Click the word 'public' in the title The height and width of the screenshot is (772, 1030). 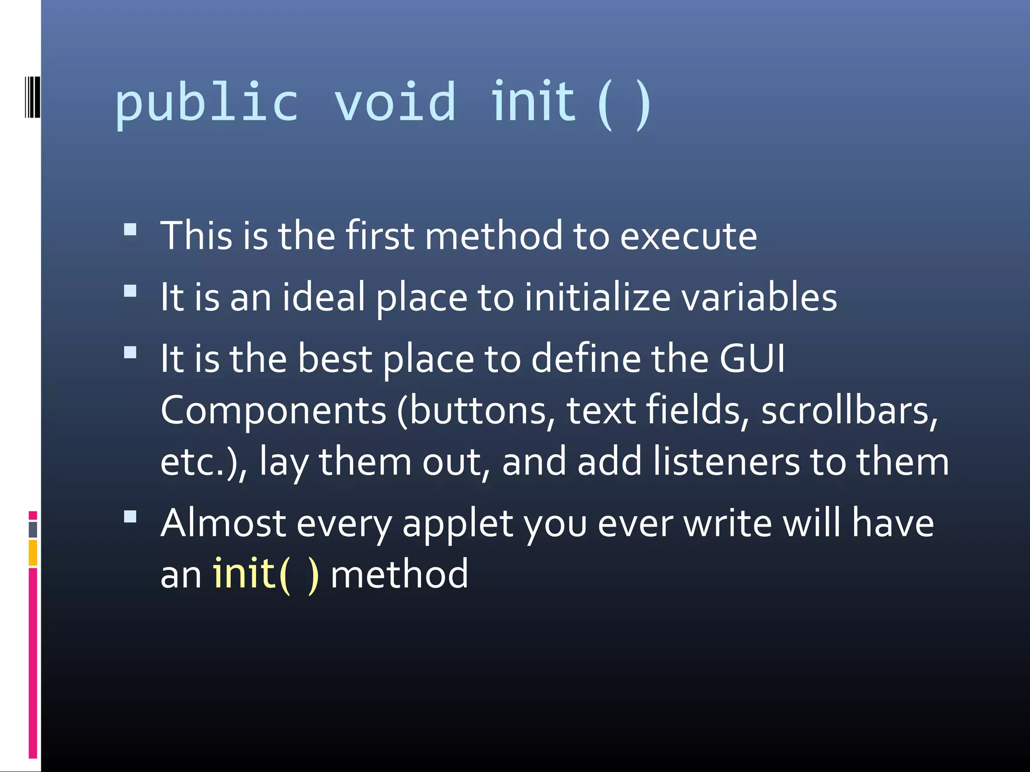pyautogui.click(x=207, y=104)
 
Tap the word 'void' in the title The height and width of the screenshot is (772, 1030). pyautogui.click(x=395, y=104)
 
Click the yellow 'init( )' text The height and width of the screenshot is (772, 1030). pyautogui.click(x=266, y=574)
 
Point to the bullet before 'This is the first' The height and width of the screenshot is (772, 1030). pyautogui.click(x=130, y=230)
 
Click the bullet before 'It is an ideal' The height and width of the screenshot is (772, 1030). pyautogui.click(x=130, y=292)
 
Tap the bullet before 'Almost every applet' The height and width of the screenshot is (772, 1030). pyautogui.click(x=130, y=517)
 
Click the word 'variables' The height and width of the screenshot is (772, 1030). pyautogui.click(x=759, y=297)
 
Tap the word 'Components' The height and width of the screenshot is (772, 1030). pyautogui.click(x=274, y=411)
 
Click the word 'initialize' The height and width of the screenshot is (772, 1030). pyautogui.click(x=597, y=297)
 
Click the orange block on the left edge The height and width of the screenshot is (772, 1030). pyautogui.click(x=33, y=553)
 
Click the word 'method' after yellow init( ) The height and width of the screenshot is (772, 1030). pyautogui.click(x=399, y=574)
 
